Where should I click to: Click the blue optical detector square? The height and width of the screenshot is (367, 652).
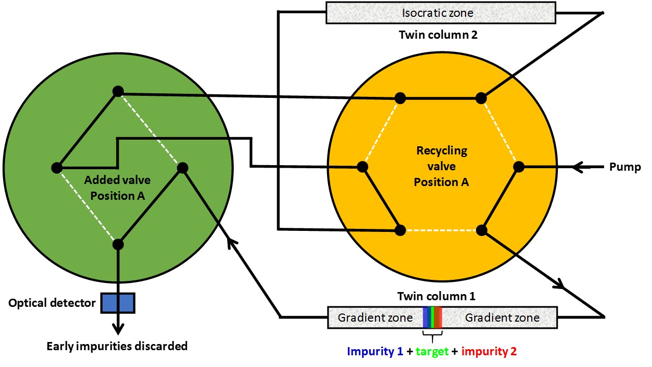[x=118, y=303]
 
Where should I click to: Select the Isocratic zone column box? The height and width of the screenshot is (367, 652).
[x=441, y=13]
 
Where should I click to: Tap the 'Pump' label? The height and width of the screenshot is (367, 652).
[x=624, y=167]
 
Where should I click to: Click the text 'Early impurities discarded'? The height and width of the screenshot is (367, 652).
[x=117, y=346]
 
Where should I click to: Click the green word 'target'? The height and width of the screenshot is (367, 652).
[x=432, y=351]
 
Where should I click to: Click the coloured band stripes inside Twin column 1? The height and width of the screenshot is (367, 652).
[x=432, y=318]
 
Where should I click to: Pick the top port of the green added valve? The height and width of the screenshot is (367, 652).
[x=118, y=91]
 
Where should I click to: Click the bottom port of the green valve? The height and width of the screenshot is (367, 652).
[x=118, y=244]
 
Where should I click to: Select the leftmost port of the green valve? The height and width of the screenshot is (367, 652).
[x=57, y=167]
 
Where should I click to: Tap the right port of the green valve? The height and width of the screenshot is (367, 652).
[x=182, y=167]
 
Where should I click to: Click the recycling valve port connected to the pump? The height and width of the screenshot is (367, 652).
[x=519, y=167]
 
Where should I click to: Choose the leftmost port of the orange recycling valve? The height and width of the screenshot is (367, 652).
[x=362, y=167]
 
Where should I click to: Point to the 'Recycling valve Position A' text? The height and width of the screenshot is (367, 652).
[x=441, y=166]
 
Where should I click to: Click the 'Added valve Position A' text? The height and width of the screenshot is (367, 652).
[x=118, y=188]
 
